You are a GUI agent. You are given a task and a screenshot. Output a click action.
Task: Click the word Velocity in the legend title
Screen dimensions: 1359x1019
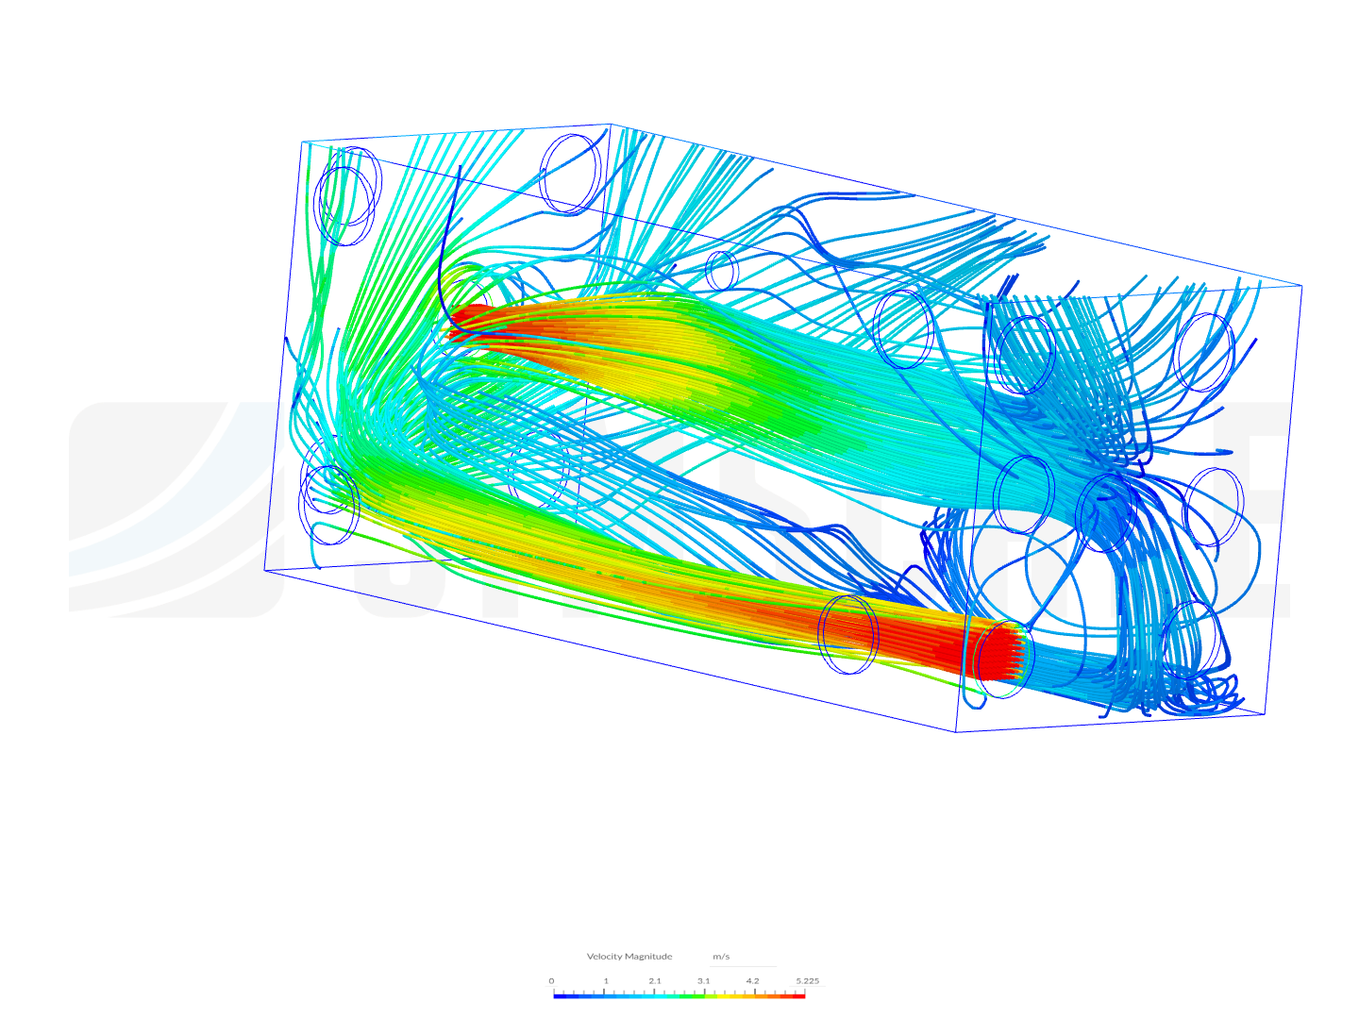click(604, 956)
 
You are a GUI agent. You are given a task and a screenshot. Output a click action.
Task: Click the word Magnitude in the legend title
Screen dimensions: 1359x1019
click(648, 956)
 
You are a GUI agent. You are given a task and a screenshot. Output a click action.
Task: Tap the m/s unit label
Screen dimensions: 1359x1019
click(721, 956)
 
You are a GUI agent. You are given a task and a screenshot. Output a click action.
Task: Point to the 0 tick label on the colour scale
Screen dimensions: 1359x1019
click(551, 980)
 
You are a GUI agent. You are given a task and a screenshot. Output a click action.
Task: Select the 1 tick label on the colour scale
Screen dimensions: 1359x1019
click(606, 980)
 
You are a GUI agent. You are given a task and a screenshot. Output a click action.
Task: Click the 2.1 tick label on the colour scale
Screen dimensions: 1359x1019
click(655, 980)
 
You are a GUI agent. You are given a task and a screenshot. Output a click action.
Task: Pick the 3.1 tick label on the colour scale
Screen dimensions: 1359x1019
click(703, 980)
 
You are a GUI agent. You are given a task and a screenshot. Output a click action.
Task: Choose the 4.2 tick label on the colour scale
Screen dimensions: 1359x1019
click(752, 980)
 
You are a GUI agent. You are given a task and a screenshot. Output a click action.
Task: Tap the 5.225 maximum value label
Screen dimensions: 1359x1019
click(807, 980)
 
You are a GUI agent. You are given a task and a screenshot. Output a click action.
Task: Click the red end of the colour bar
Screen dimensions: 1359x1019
click(798, 994)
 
